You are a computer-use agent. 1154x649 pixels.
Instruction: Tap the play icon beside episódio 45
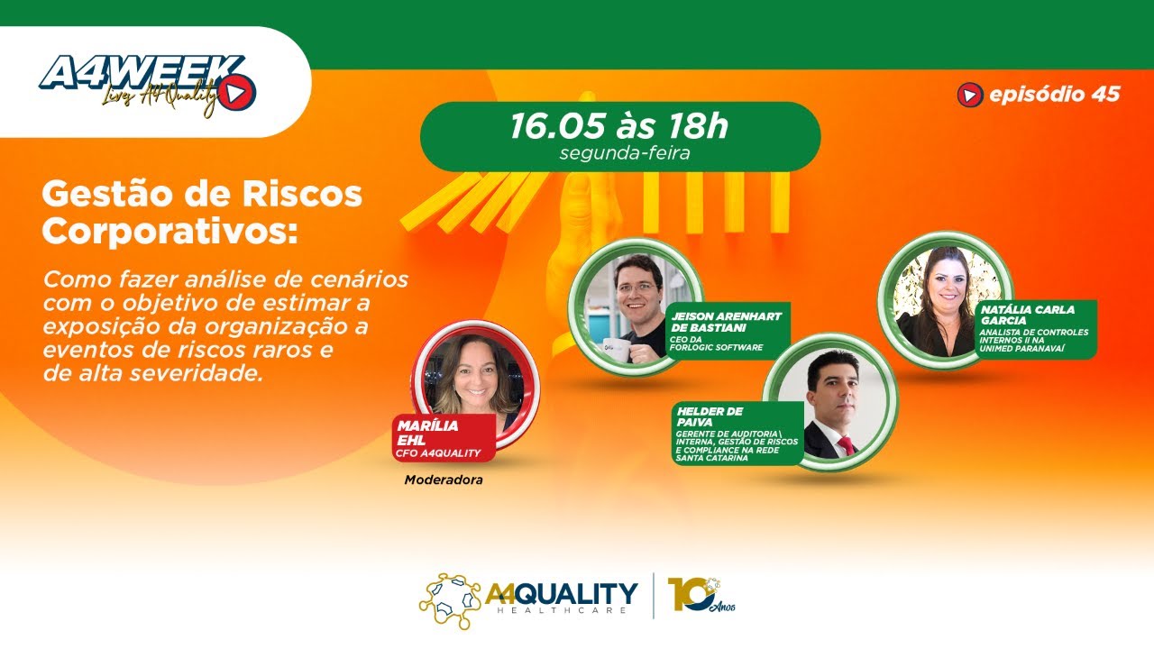pyautogui.click(x=969, y=94)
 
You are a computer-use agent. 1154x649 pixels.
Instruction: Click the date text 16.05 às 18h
pyautogui.click(x=618, y=126)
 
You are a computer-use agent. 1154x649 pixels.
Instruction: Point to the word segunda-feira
pyautogui.click(x=624, y=152)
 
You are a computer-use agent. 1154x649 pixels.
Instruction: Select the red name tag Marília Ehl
pyautogui.click(x=443, y=438)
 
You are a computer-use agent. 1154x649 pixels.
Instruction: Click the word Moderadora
pyautogui.click(x=444, y=480)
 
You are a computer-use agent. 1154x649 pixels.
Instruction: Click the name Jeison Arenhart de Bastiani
pyautogui.click(x=725, y=321)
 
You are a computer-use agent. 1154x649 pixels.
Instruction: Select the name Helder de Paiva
pyautogui.click(x=710, y=416)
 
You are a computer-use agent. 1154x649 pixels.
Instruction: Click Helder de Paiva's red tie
pyautogui.click(x=847, y=444)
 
